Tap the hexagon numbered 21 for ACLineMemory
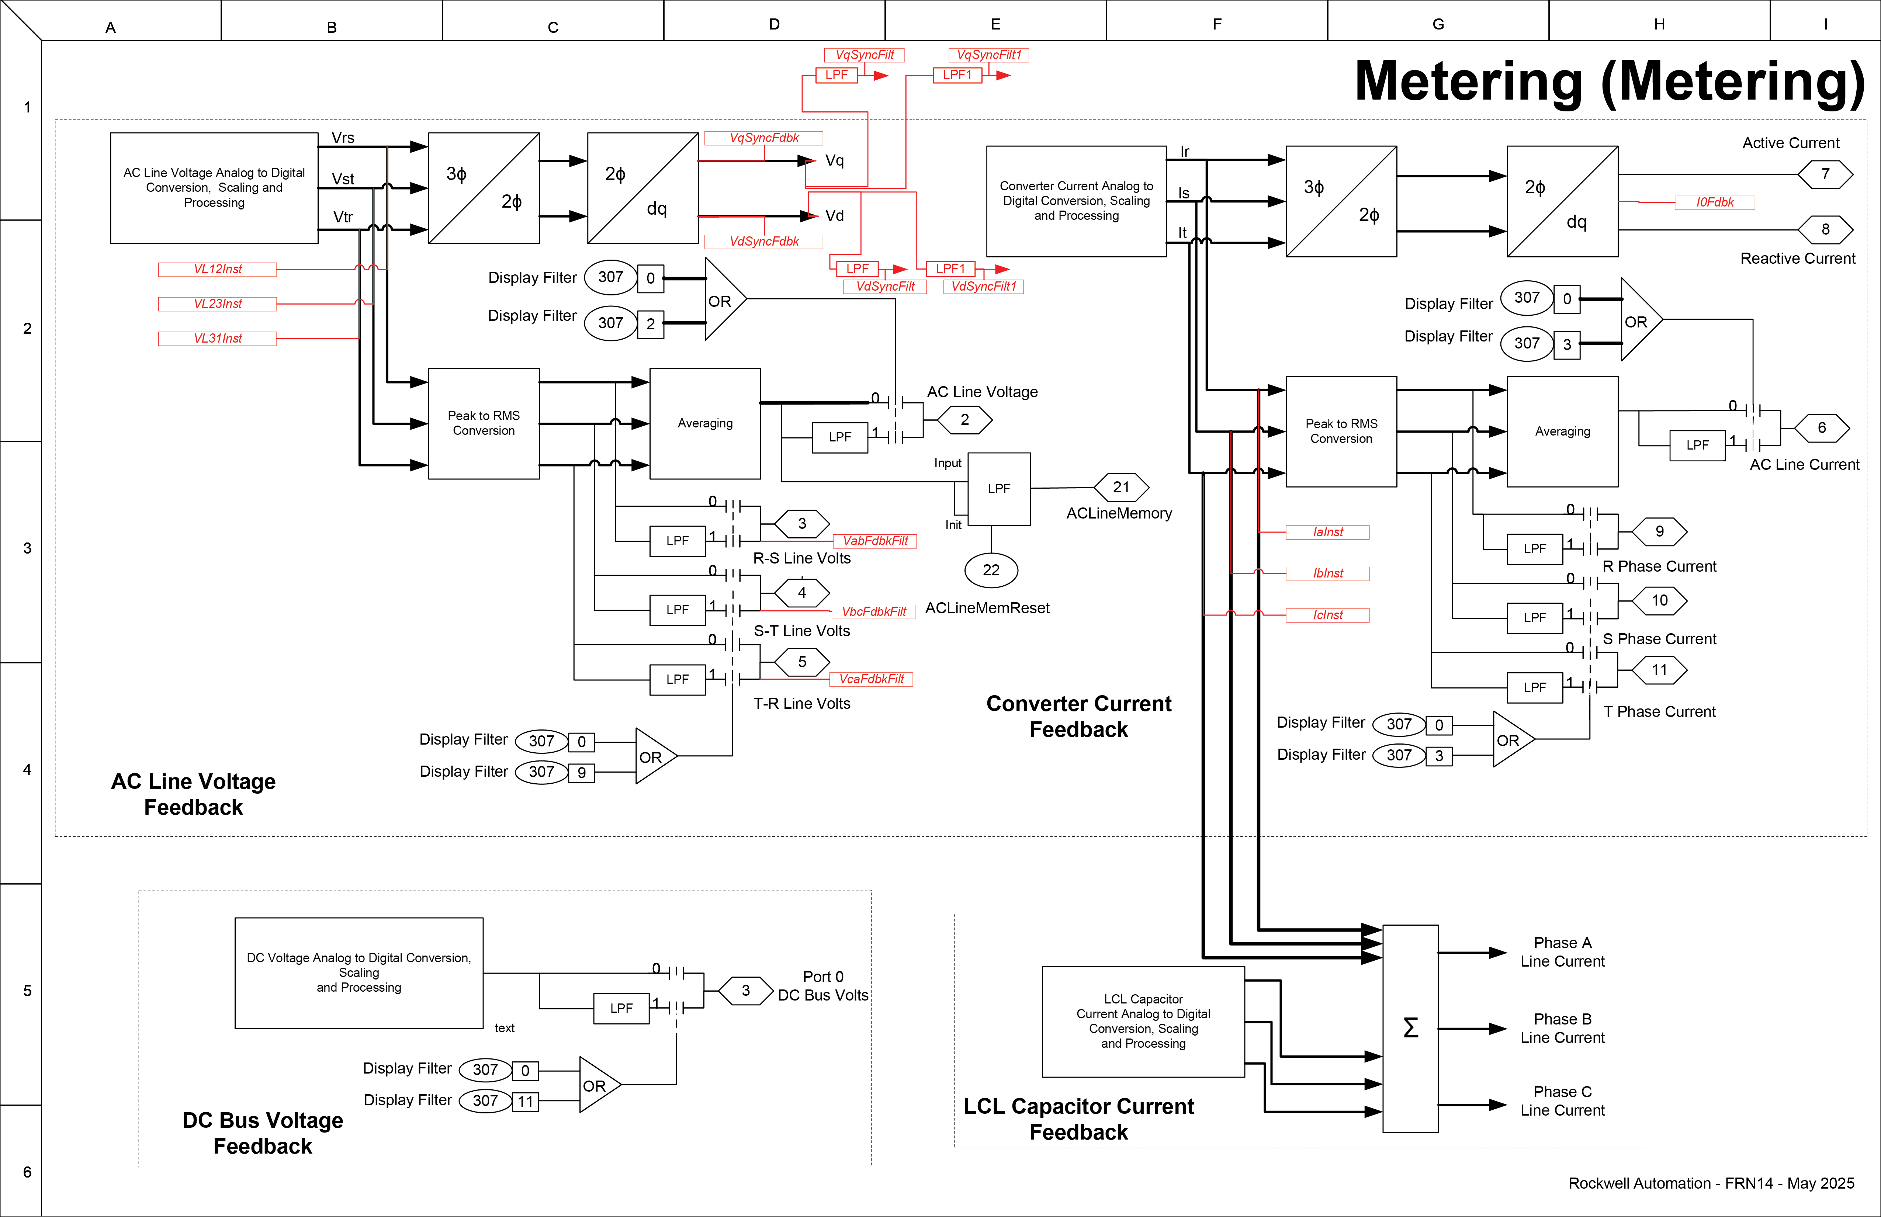[1121, 488]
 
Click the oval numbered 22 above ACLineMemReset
[991, 570]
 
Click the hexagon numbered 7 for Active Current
[1825, 174]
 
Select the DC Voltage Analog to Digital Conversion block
[359, 973]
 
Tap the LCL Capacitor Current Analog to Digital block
[1143, 1021]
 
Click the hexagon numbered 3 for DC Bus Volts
[745, 990]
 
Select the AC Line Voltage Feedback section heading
[194, 794]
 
